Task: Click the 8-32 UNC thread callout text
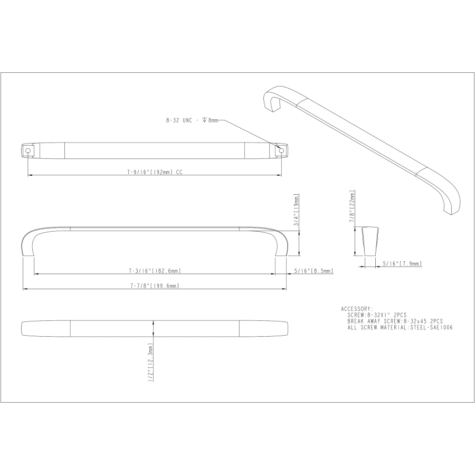click(x=192, y=120)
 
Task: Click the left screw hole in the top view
click(x=28, y=150)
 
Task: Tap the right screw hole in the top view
click(x=281, y=150)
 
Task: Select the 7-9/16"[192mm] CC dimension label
click(x=155, y=172)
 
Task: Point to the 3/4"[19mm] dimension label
click(x=296, y=210)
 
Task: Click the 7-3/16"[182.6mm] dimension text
click(x=155, y=271)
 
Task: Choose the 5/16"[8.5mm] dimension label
click(x=314, y=271)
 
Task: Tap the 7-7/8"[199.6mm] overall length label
click(x=155, y=286)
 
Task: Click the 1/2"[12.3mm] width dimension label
click(x=150, y=362)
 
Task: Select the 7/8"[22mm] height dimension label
click(x=351, y=206)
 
